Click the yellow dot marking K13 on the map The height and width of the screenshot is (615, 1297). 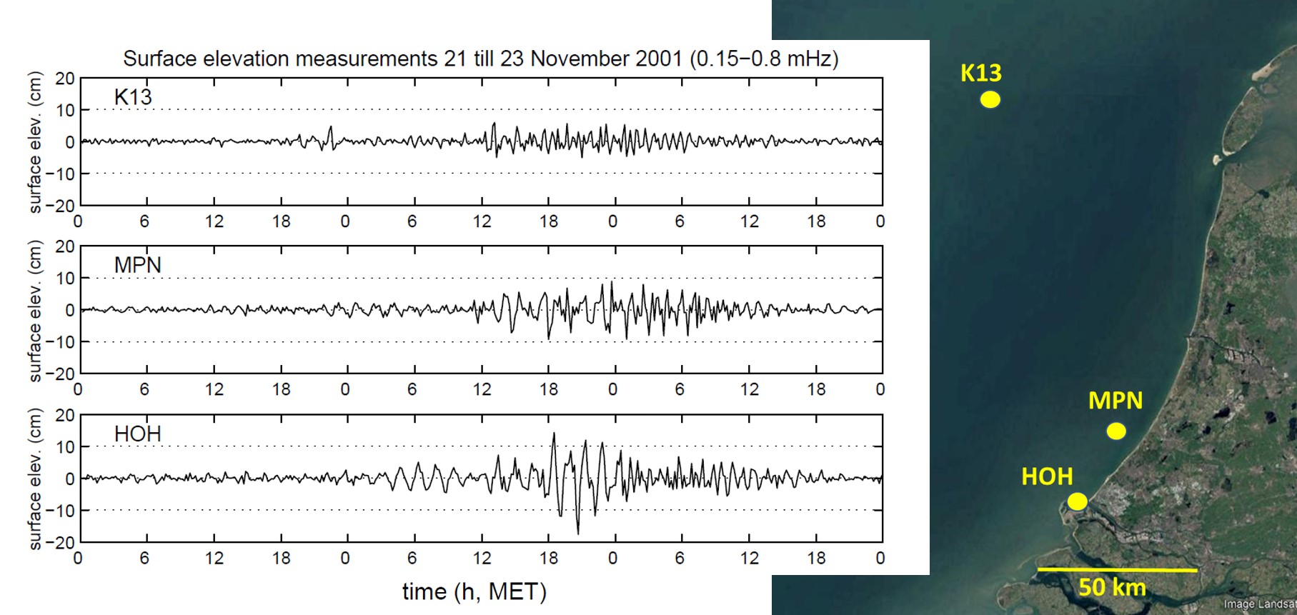tap(990, 99)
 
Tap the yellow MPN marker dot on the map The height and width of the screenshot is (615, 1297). tap(1116, 431)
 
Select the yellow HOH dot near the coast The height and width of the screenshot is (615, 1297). tap(1077, 501)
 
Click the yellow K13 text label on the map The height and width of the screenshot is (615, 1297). tap(981, 73)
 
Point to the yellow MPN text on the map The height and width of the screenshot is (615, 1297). tap(1115, 401)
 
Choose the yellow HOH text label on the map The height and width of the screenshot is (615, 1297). tap(1047, 476)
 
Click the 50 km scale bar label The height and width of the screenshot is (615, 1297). tap(1112, 587)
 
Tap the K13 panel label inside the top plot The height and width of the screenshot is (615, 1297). tap(133, 97)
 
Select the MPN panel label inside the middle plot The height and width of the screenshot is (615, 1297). tap(138, 265)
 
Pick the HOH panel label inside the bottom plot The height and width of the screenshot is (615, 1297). tap(138, 434)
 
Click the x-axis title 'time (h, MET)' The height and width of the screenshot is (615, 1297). tap(474, 591)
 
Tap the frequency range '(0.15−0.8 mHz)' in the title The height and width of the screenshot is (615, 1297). tap(764, 59)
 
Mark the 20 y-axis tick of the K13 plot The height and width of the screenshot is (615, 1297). tap(65, 79)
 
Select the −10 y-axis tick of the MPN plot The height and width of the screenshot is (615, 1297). tap(60, 342)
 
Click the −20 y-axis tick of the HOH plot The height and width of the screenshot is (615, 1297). tap(60, 542)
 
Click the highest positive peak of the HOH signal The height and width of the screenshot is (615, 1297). tap(554, 433)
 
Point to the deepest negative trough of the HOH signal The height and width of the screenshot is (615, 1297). tap(578, 534)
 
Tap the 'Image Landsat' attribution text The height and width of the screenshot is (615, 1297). tap(1259, 605)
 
